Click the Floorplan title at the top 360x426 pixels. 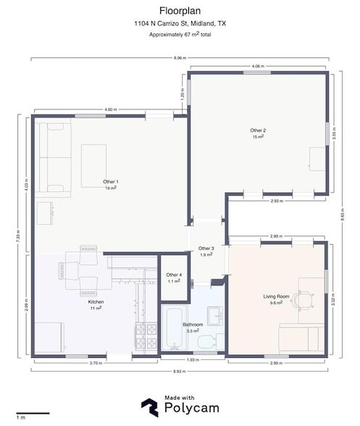pyautogui.click(x=180, y=11)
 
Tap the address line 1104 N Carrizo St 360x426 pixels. pyautogui.click(x=180, y=24)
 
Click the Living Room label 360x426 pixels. pyautogui.click(x=276, y=296)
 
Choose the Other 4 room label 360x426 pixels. pyautogui.click(x=174, y=275)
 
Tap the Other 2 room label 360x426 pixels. pyautogui.click(x=258, y=130)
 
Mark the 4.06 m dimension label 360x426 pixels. pyautogui.click(x=258, y=67)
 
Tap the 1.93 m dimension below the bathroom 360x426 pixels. pyautogui.click(x=193, y=360)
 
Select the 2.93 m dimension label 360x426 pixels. pyautogui.click(x=276, y=201)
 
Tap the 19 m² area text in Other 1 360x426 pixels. pyautogui.click(x=111, y=188)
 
